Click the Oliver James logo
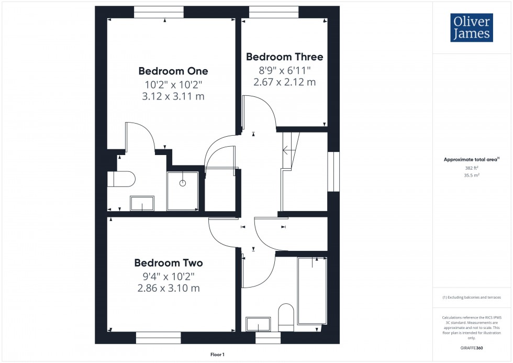(472, 28)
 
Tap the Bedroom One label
(173, 71)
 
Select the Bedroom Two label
(168, 263)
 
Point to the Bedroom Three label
(284, 57)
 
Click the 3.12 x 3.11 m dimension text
(173, 96)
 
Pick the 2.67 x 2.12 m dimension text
(284, 82)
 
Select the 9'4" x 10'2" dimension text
(168, 276)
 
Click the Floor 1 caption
(217, 355)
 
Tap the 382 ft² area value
(472, 168)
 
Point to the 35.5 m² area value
(472, 177)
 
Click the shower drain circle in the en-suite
(183, 183)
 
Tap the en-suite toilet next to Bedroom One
(121, 179)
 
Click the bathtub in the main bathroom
(312, 291)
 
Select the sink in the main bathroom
(258, 324)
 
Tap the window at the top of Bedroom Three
(274, 9)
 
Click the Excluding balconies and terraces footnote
(472, 297)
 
